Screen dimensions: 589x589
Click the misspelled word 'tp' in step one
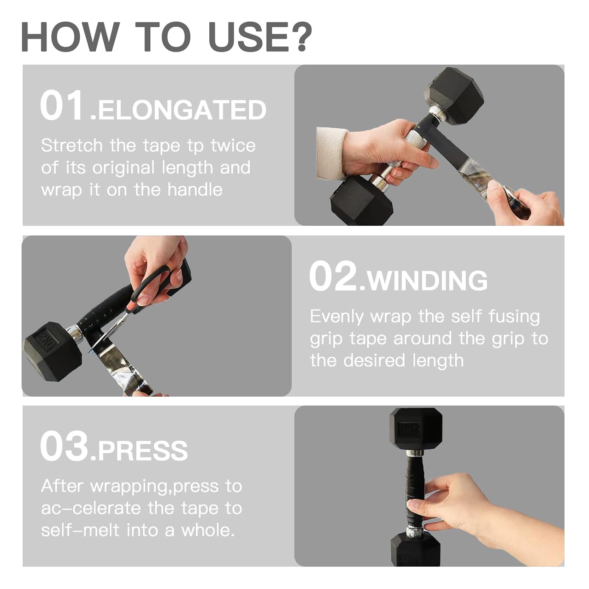pyautogui.click(x=195, y=146)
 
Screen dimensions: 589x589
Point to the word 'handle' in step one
pyautogui.click(x=195, y=190)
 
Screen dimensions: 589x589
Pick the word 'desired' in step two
pyautogui.click(x=374, y=360)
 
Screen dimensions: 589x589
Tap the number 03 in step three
pyautogui.click(x=64, y=446)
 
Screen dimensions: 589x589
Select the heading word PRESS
pyautogui.click(x=143, y=451)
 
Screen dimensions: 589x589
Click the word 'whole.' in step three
pyautogui.click(x=208, y=530)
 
